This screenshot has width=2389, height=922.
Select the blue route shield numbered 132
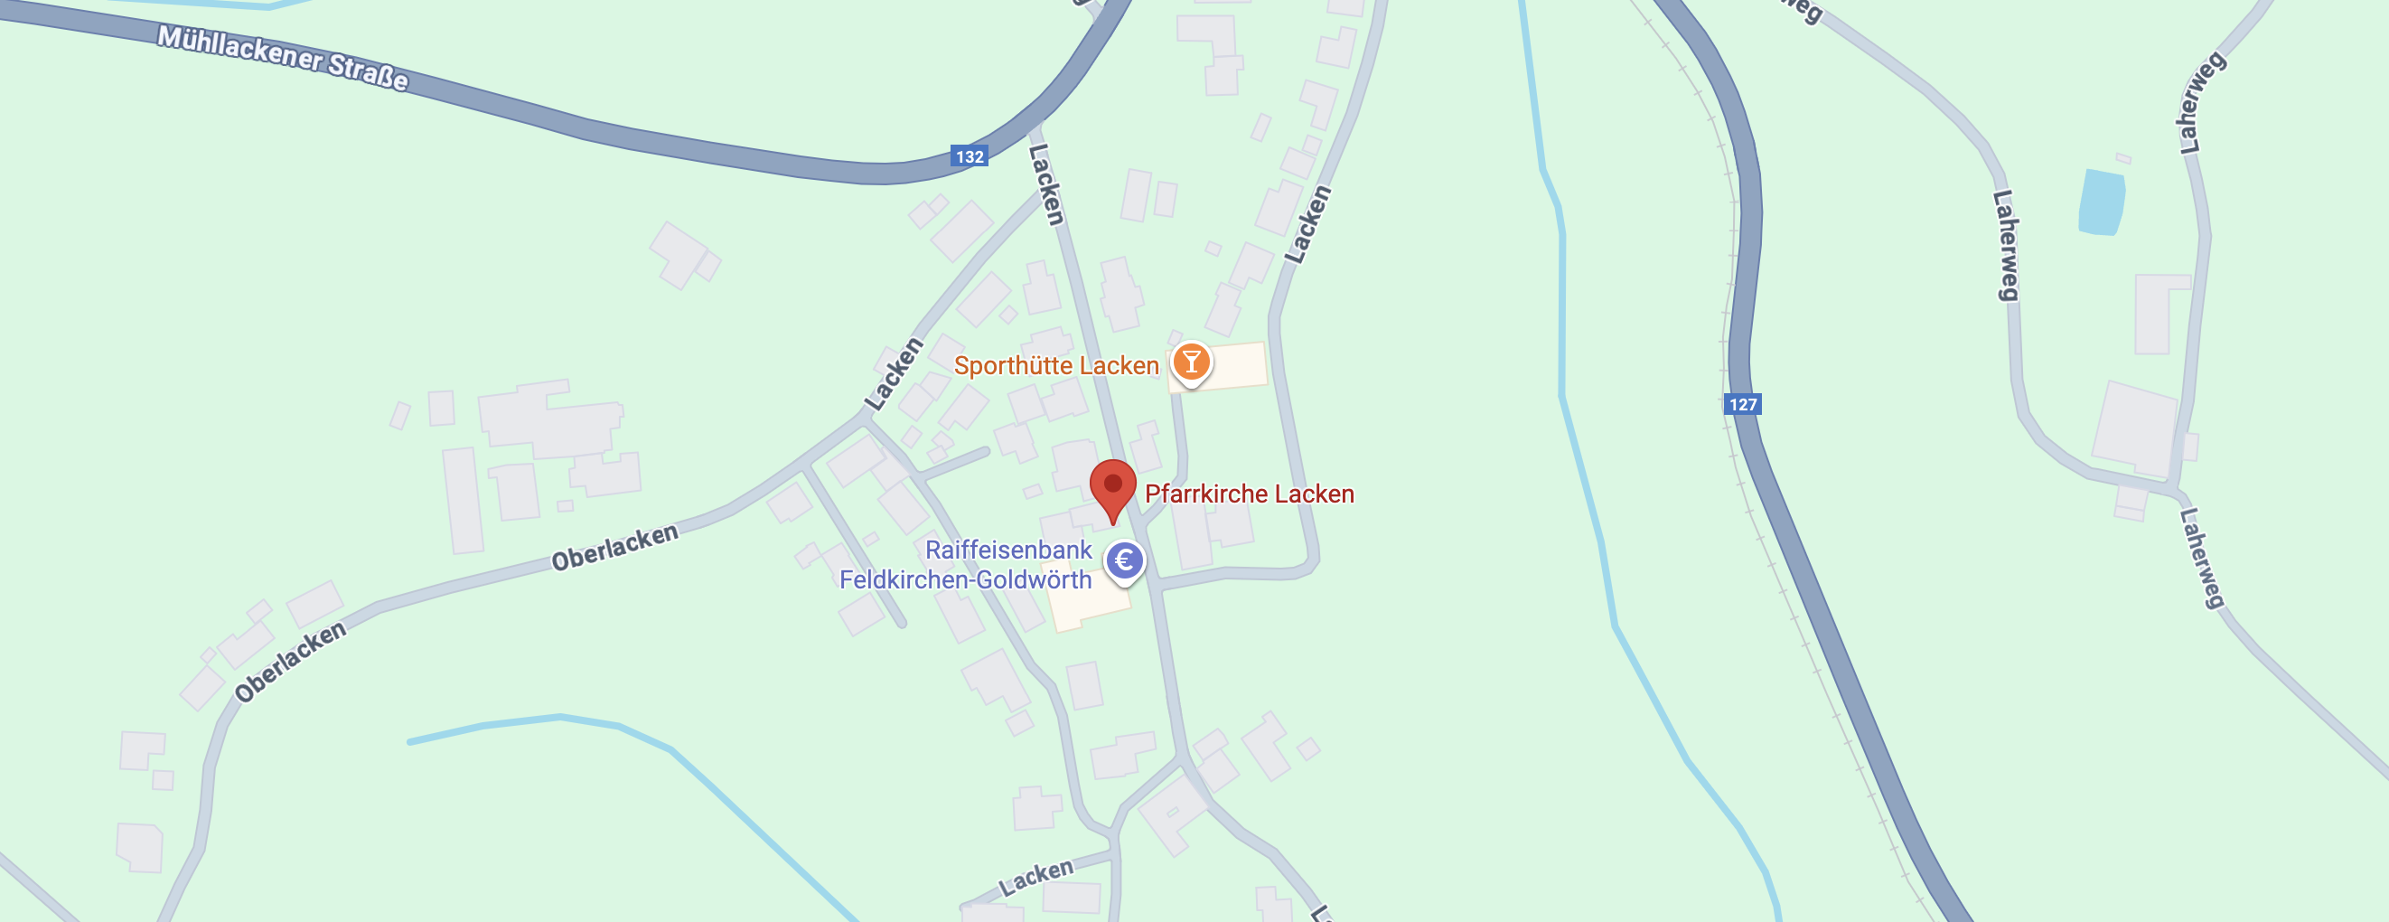tap(970, 155)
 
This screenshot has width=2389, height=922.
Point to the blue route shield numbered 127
tap(1743, 404)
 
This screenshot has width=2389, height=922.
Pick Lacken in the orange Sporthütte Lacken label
tap(1125, 366)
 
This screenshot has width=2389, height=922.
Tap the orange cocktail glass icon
tap(1191, 362)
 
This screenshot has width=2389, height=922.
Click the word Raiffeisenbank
tap(1008, 550)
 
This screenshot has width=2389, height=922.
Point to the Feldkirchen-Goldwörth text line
tap(965, 580)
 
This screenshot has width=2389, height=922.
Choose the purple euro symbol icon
tap(1125, 560)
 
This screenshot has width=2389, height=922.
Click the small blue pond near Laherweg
tap(2101, 202)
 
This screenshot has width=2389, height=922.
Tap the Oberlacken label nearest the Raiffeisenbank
tap(615, 547)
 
